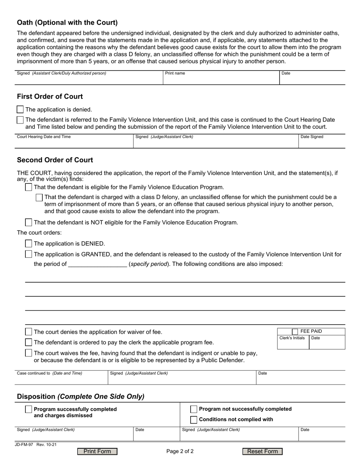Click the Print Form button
[x=97, y=451]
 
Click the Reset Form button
[x=262, y=451]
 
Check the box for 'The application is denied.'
[x=20, y=109]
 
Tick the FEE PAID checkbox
[x=295, y=332]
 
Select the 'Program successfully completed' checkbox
[x=28, y=409]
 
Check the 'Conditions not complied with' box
[x=194, y=419]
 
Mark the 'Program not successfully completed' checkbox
[x=194, y=409]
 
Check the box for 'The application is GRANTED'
[x=28, y=254]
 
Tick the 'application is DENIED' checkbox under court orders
[x=28, y=244]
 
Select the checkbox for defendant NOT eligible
[x=28, y=222]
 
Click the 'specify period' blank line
[x=97, y=264]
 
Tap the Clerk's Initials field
[x=293, y=344]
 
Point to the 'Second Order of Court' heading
[x=55, y=160]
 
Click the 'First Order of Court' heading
[x=50, y=97]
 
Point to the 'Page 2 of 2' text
[x=180, y=451]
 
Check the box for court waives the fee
[x=28, y=353]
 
